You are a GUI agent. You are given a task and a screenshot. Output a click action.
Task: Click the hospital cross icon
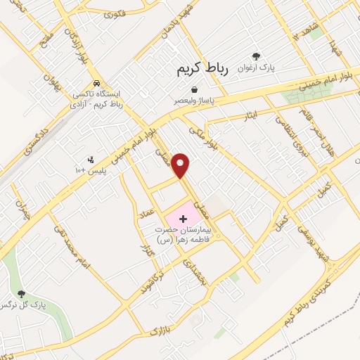[184, 219]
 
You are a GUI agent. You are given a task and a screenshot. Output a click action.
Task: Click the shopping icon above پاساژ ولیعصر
[194, 89]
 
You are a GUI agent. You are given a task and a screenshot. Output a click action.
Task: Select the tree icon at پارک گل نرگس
[22, 293]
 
